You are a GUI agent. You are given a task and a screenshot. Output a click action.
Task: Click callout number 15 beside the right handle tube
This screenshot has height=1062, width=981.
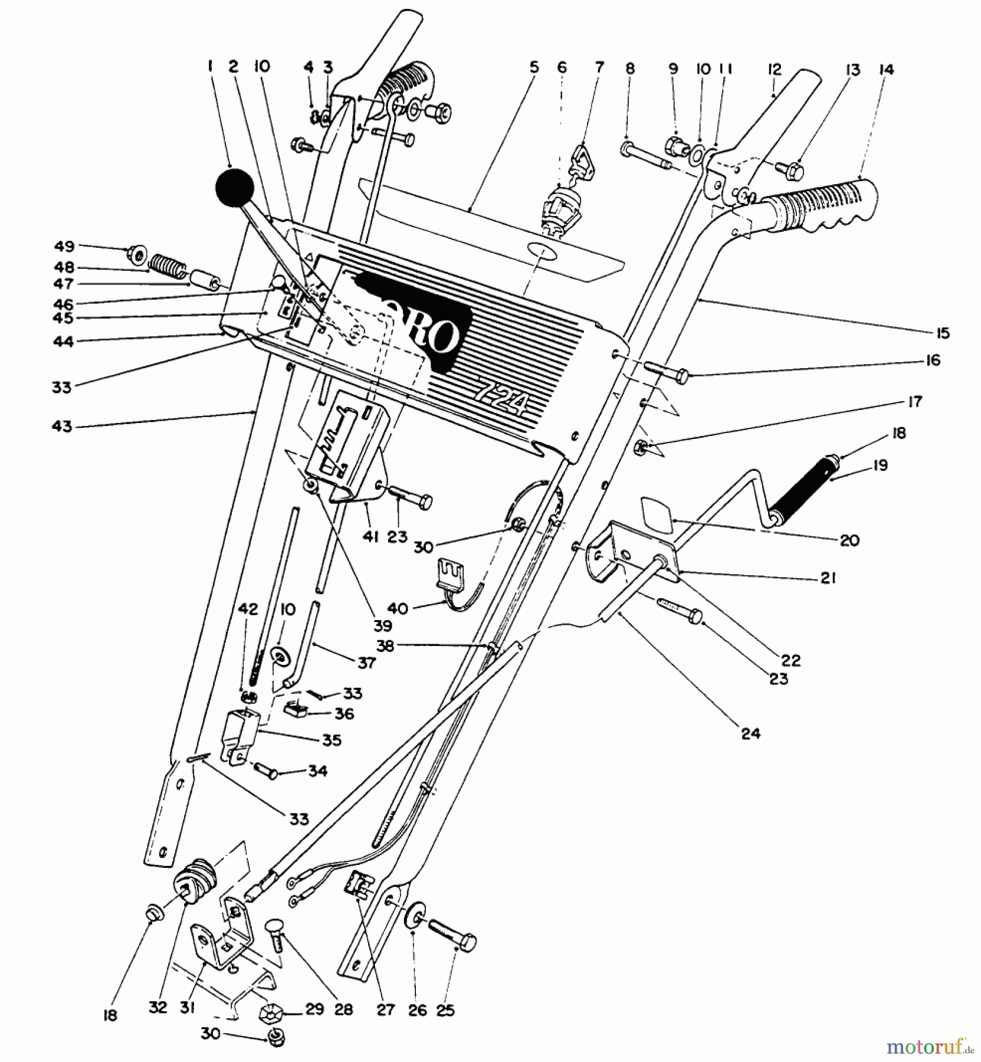coord(942,333)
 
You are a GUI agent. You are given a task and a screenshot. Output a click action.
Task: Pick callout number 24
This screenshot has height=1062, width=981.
coord(751,733)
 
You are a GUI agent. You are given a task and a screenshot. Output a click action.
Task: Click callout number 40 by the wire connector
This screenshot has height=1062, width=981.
coord(398,608)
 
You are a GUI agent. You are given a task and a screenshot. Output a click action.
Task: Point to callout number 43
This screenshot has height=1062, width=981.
coord(61,426)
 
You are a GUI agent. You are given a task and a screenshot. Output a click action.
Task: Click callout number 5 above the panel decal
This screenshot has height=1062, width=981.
coord(533,67)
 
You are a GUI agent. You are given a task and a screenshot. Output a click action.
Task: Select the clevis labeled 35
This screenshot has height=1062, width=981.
coord(242,735)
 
